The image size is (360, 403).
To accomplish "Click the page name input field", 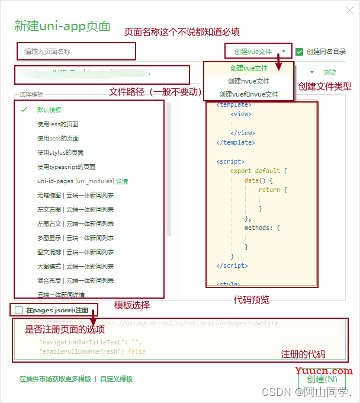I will coord(76,52).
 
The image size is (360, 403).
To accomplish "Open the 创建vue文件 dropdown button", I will coord(259,52).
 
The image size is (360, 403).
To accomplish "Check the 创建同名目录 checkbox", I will coord(300,52).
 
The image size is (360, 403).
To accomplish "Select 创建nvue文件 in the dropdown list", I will coord(249,81).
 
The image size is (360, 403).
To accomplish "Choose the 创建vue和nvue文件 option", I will coord(249,94).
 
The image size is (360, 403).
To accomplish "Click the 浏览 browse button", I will coord(330,72).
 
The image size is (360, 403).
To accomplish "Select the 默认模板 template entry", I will coord(49,110).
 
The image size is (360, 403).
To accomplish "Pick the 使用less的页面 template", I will coord(57,124).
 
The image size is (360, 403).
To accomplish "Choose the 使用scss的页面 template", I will coord(58,138).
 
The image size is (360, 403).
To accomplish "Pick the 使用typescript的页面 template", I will coord(66,167).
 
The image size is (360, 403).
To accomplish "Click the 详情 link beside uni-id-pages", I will coord(122,181).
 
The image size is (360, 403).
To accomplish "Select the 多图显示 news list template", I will coord(75,238).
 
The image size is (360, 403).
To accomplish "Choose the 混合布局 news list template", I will coord(75,280).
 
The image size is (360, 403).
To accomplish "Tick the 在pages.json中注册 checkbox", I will coord(19,310).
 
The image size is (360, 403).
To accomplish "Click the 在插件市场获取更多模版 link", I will coord(55,379).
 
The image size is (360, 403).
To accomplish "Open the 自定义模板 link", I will coord(116,379).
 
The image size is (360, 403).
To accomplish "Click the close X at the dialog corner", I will coord(346,9).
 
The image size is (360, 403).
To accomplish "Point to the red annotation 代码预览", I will coord(252,300).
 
